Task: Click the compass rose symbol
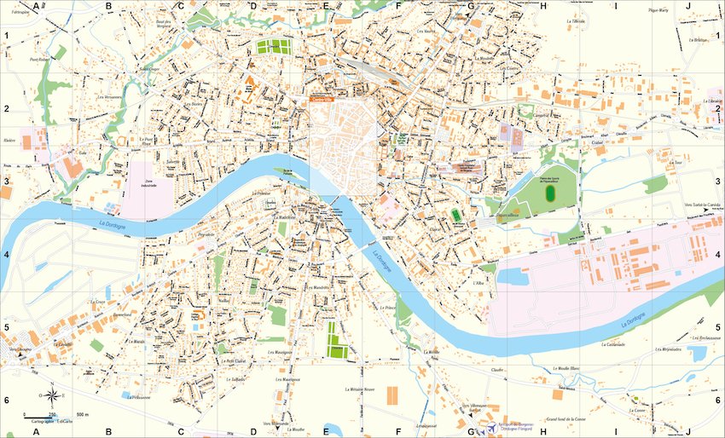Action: coord(50,395)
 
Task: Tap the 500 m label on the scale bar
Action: coord(82,414)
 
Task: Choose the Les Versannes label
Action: coord(109,96)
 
